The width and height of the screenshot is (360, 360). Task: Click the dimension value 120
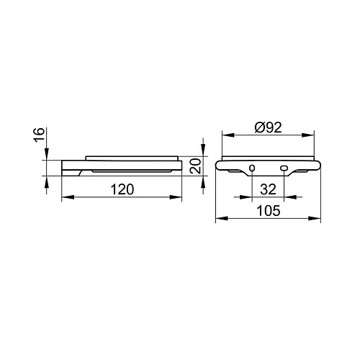[122, 189]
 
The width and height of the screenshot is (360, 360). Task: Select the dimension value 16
[39, 135]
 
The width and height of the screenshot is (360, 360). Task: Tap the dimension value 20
[195, 166]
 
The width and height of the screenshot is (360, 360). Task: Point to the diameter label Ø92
[268, 127]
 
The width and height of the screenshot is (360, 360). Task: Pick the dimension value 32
[268, 189]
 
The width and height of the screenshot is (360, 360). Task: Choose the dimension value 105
[269, 211]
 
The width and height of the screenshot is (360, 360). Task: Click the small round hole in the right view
[252, 168]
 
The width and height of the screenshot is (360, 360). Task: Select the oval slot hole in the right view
[284, 168]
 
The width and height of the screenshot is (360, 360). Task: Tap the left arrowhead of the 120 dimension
[68, 197]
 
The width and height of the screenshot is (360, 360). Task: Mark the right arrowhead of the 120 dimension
[176, 197]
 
